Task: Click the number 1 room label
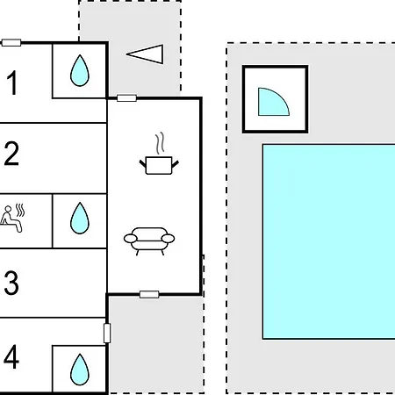tap(12, 83)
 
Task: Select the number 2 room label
tap(11, 154)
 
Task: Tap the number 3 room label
tap(11, 283)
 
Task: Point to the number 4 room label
tap(11, 356)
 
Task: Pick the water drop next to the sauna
tap(80, 218)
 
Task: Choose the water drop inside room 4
tap(80, 370)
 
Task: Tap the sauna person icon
tap(12, 219)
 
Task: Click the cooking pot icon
tap(159, 165)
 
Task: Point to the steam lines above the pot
tap(160, 143)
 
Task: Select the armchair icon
tap(149, 241)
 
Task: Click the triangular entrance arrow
tap(145, 54)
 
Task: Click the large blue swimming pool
tap(328, 241)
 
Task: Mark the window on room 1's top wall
tap(11, 43)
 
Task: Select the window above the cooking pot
tap(126, 98)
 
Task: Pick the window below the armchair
tap(149, 294)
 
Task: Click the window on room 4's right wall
tap(107, 333)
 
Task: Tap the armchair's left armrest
tap(131, 239)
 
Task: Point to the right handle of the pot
tap(175, 164)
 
